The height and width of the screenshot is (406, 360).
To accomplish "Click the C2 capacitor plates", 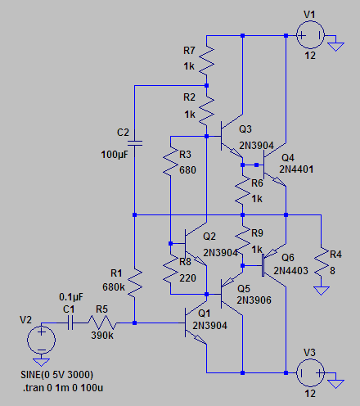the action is coord(135,143).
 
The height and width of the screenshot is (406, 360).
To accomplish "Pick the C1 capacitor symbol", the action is coord(70,323).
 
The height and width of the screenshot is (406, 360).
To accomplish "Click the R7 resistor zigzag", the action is coord(207,61).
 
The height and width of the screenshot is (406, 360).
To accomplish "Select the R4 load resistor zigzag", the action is coord(322,262).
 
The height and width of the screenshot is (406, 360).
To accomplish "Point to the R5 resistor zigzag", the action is coord(102,323).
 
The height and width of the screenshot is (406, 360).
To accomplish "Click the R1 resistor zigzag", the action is coord(135,283).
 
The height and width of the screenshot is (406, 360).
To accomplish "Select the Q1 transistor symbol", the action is coord(194,323).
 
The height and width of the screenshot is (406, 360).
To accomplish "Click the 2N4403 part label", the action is coord(290,271).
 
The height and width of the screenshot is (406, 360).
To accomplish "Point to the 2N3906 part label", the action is coord(254,300).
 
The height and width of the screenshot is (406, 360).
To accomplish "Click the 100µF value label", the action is coord(115,155).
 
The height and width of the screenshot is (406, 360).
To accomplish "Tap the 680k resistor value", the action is coord(114,287).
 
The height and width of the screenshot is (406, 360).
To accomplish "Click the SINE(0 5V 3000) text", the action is coord(56,375).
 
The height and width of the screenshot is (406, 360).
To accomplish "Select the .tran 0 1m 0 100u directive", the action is coord(63,388).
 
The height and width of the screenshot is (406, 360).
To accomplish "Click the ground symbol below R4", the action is coord(322,291).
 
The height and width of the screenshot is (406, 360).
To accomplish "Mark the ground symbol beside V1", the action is coord(335,47).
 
